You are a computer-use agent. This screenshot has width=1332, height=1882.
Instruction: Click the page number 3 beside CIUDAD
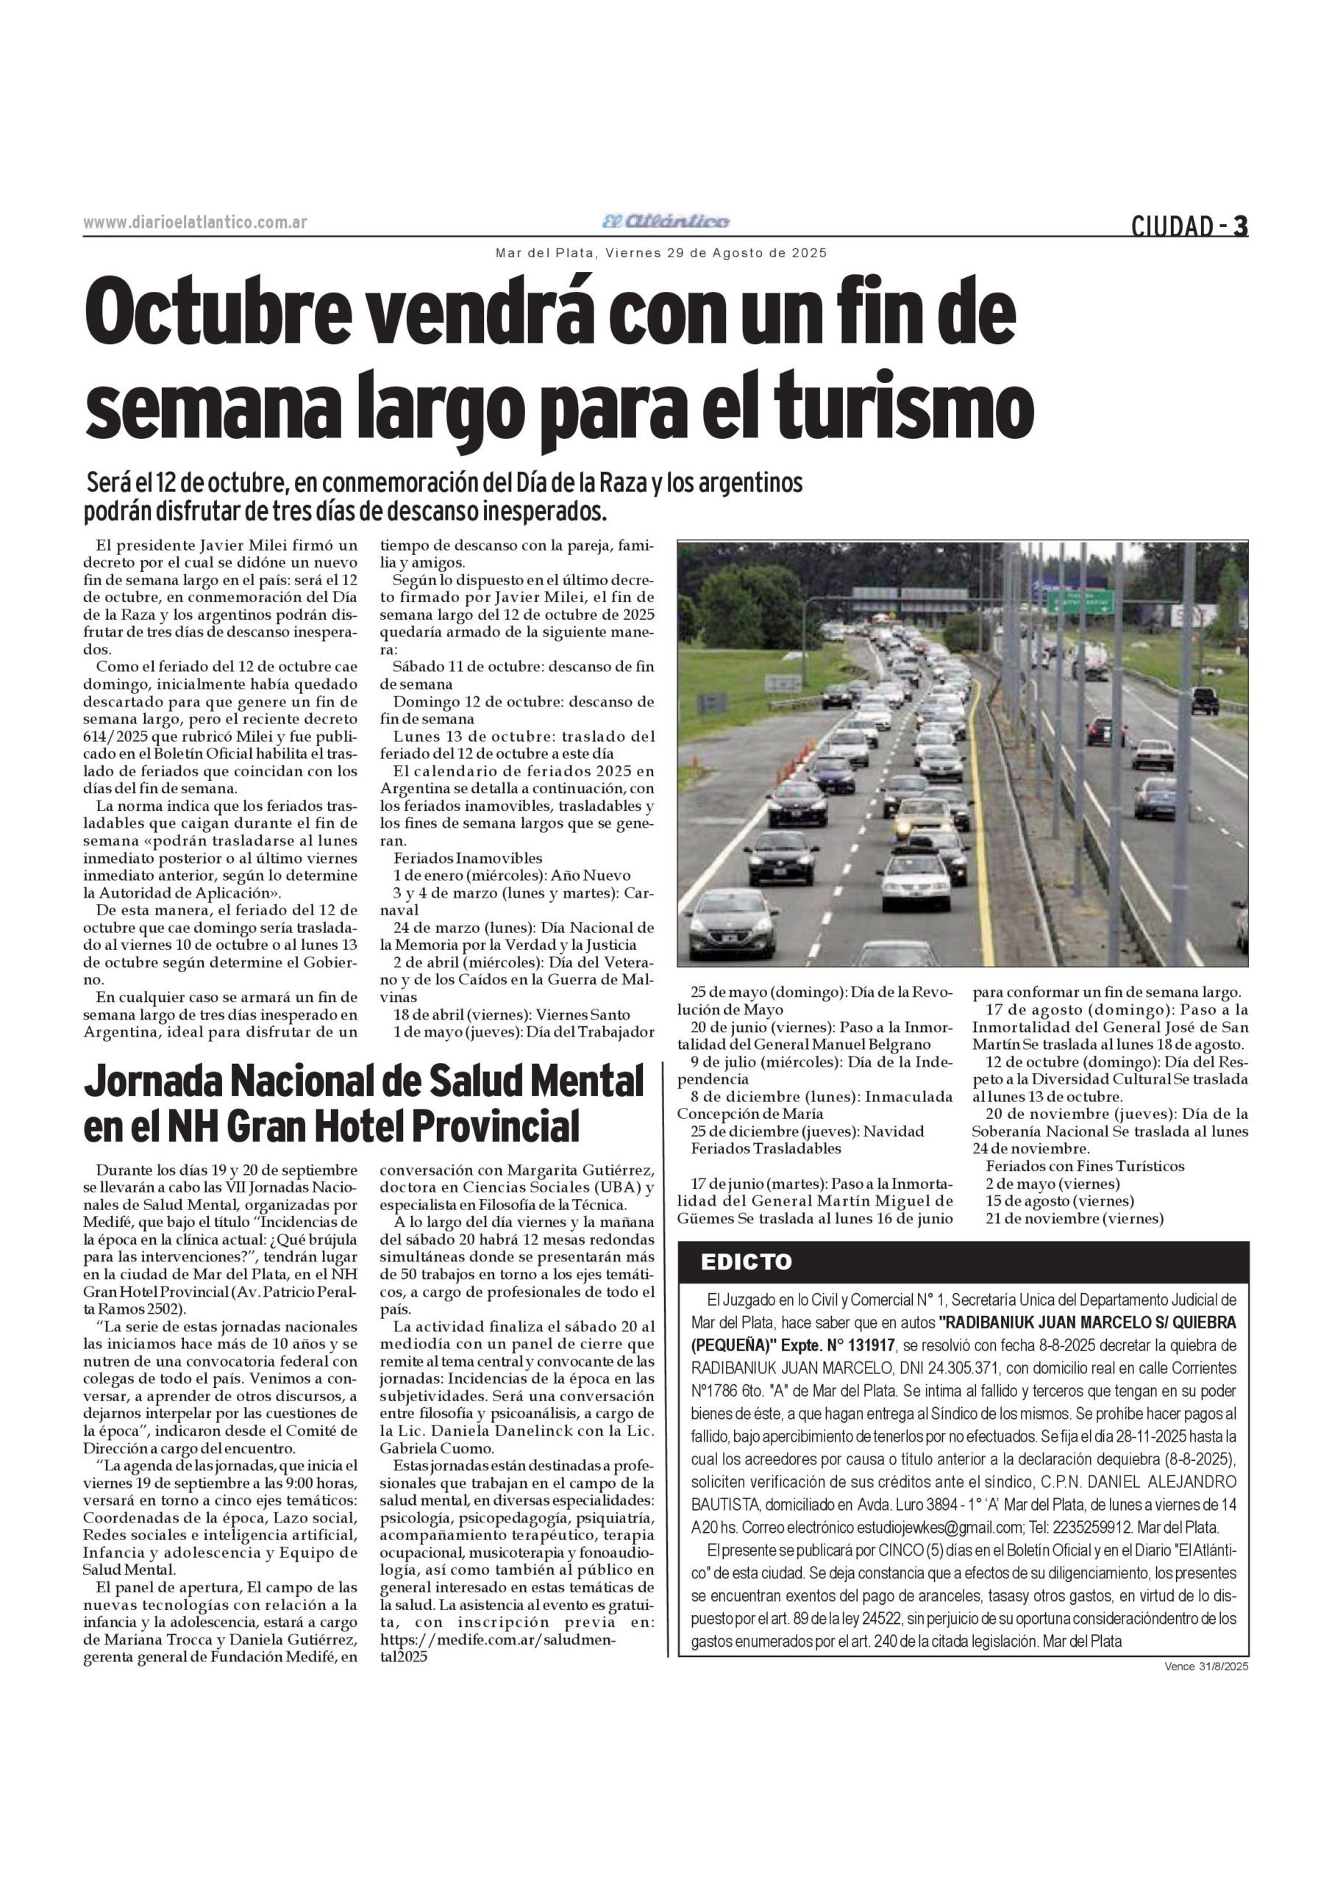pos(1240,226)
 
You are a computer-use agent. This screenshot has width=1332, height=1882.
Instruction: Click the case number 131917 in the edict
pos(868,1345)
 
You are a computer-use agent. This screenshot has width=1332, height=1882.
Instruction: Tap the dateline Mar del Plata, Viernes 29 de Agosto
pos(661,254)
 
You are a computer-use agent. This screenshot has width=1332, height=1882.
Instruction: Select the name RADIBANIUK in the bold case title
pos(1002,1322)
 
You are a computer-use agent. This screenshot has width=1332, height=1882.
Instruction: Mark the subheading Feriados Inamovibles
pos(468,858)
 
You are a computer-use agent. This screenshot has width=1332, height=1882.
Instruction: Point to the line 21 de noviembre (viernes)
pos(1075,1218)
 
